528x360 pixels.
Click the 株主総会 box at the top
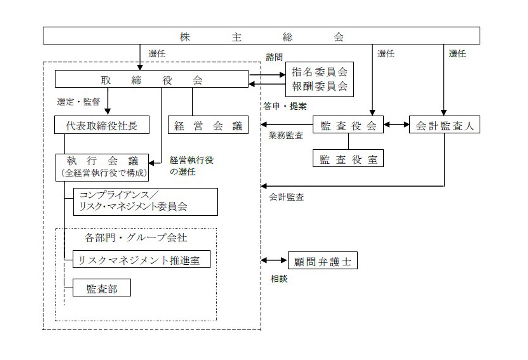click(x=261, y=36)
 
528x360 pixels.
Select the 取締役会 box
click(x=151, y=79)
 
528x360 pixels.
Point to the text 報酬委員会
click(x=320, y=86)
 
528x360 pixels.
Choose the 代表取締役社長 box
click(x=102, y=125)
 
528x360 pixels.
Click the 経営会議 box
click(x=208, y=125)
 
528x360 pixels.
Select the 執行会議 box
click(x=102, y=166)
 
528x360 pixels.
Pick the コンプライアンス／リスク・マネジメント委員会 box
click(x=145, y=201)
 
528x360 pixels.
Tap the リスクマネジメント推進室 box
click(x=141, y=260)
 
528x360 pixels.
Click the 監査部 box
click(x=102, y=288)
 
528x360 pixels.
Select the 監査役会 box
click(x=349, y=125)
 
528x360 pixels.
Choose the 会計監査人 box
click(x=445, y=125)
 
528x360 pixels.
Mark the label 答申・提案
click(x=285, y=106)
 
